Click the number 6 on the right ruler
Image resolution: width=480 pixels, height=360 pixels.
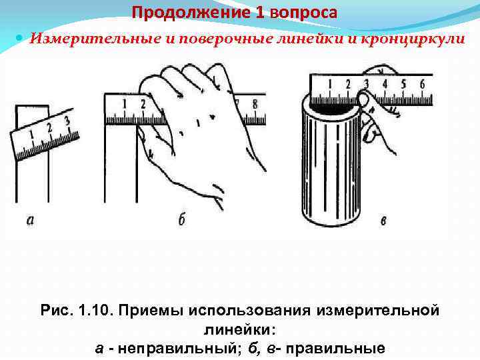pos(421,84)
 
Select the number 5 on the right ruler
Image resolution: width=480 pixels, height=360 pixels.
pos(403,84)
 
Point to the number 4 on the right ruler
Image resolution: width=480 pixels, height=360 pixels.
pos(385,84)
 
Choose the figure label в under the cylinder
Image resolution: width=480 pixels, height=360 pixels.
pos(382,220)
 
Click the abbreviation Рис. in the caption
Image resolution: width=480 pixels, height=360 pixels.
pos(55,310)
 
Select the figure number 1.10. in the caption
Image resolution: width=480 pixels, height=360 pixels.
pos(95,310)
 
